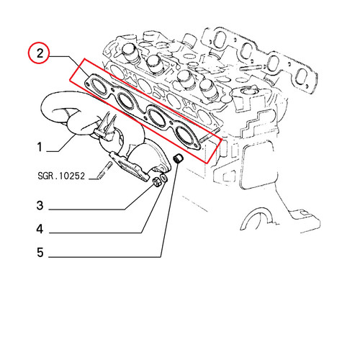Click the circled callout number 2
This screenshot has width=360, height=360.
40,53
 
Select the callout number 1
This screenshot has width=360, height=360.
40,147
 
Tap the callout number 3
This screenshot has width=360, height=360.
40,205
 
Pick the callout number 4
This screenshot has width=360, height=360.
40,229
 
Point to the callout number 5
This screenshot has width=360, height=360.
40,253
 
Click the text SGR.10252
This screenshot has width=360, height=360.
61,176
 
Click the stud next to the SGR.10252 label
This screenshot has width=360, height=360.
104,170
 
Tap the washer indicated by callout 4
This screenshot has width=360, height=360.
164,179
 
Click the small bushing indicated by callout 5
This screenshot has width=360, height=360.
179,158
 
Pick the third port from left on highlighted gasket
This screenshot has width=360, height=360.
156,116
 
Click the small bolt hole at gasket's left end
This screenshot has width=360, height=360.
87,84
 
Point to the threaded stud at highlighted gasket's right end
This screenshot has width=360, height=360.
210,135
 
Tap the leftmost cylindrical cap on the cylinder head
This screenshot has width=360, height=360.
130,53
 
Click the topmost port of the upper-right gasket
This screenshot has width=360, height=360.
219,39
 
